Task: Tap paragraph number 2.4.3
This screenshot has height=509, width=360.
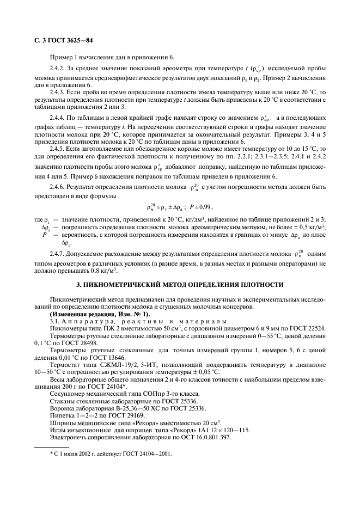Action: (58, 93)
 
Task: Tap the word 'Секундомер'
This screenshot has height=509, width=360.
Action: (68, 393)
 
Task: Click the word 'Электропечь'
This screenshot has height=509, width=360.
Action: (68, 437)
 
